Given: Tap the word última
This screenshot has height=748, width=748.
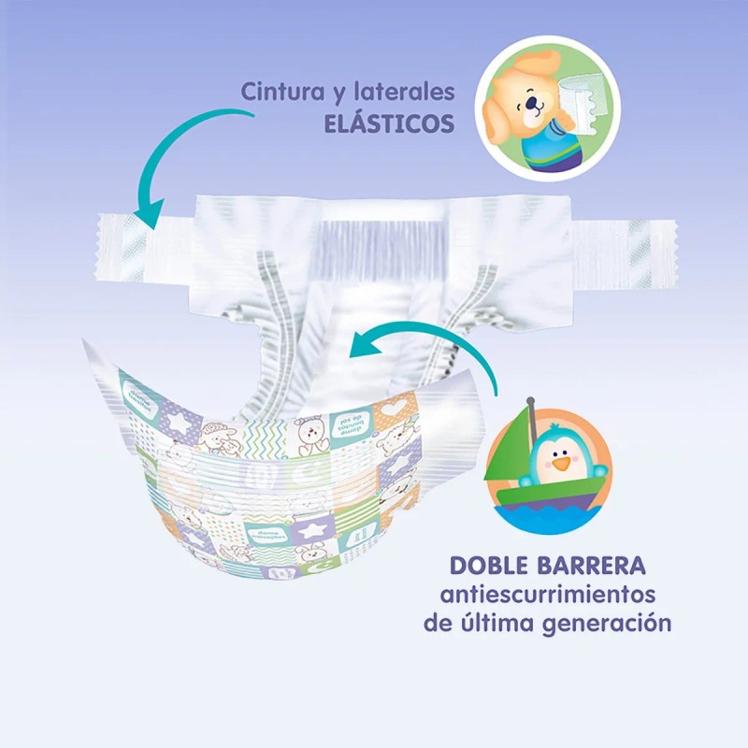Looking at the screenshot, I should coord(509,624).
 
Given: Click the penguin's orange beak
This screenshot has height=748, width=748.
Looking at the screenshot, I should coord(558,462).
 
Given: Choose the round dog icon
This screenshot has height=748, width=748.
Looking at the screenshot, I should coord(541,108).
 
